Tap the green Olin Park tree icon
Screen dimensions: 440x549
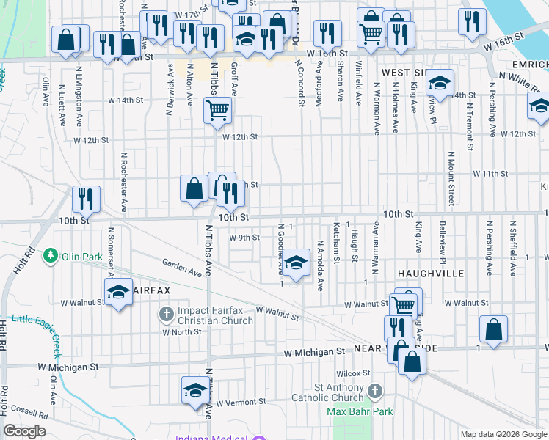[x=51, y=256]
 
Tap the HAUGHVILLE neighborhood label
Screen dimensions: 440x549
[x=431, y=272]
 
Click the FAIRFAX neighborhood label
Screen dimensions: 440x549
[x=151, y=290]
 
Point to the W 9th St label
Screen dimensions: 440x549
[x=244, y=238]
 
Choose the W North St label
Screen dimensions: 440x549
[x=181, y=331]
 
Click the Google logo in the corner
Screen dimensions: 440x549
[x=24, y=431]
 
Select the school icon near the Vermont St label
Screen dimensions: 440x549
[x=195, y=390]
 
